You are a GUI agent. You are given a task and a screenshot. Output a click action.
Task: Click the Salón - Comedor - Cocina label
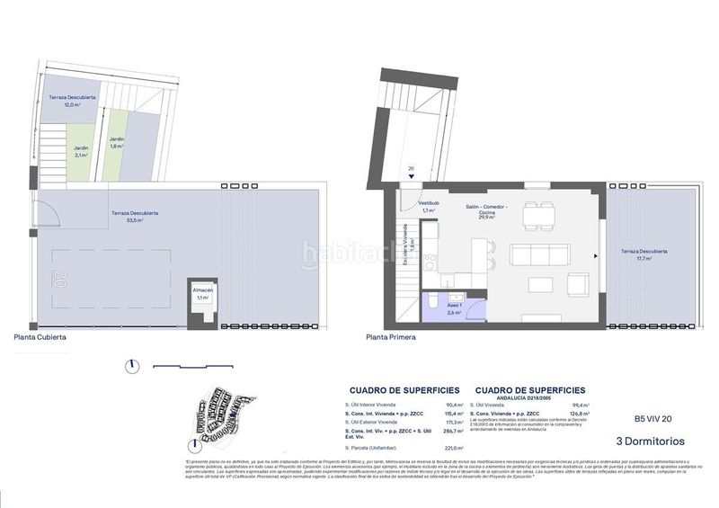tap(487, 212)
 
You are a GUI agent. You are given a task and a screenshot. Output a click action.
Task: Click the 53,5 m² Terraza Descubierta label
tap(135, 216)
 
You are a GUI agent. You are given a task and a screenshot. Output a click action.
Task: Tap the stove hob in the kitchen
tap(430, 263)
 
